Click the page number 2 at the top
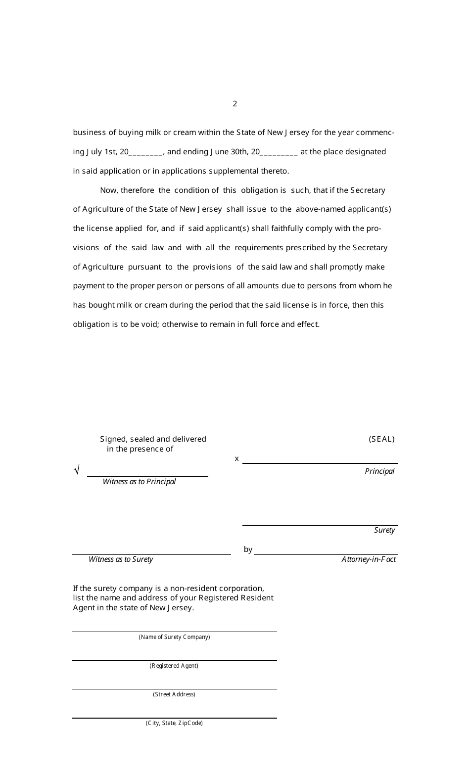(x=235, y=104)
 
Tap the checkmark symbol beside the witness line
(x=77, y=470)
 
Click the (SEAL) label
(x=381, y=439)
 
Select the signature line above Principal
(x=320, y=463)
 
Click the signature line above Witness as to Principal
(x=147, y=476)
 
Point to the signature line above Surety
(x=320, y=525)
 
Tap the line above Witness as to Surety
(x=151, y=554)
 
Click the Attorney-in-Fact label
(x=369, y=559)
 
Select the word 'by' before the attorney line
(x=248, y=549)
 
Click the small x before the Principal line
(x=236, y=459)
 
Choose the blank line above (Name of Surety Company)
(x=174, y=631)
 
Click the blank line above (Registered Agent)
(x=174, y=660)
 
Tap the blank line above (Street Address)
(x=174, y=688)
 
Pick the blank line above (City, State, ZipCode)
(x=174, y=717)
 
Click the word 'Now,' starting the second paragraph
(x=109, y=190)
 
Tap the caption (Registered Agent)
(x=174, y=666)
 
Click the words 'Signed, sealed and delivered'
(x=153, y=439)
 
